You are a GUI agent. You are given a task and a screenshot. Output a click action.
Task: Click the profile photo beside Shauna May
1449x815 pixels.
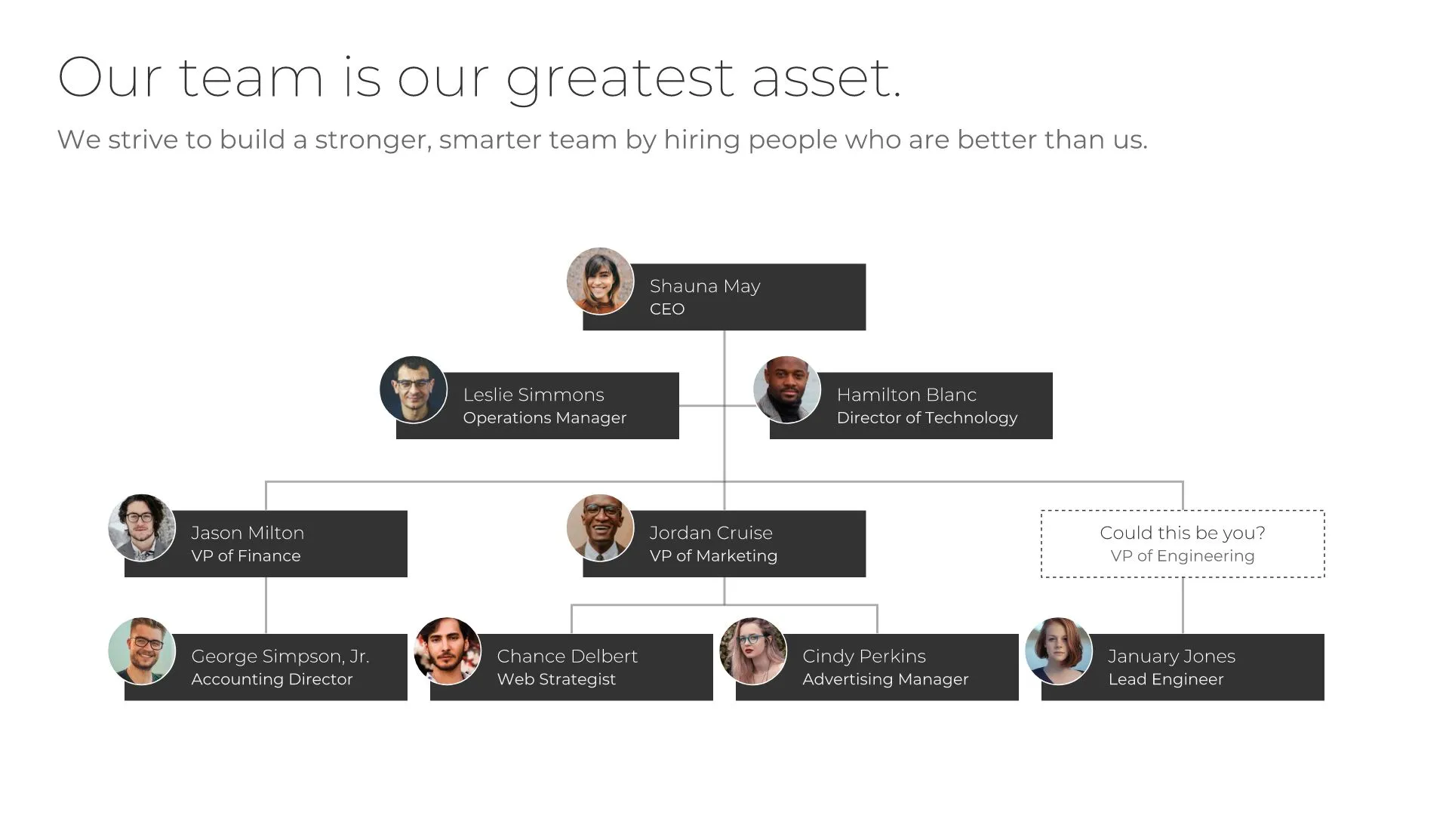(x=600, y=281)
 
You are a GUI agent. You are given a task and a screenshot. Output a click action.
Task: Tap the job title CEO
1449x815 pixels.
(x=667, y=309)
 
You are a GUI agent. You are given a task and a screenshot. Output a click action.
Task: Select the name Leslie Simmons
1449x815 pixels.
(x=534, y=395)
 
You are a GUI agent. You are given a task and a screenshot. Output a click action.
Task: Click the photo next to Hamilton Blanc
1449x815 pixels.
(x=786, y=389)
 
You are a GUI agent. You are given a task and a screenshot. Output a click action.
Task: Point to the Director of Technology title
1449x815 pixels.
(x=927, y=418)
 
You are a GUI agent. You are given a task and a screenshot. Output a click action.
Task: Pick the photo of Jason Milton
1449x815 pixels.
(x=142, y=527)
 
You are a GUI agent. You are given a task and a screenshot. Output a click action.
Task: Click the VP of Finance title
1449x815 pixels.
(x=245, y=556)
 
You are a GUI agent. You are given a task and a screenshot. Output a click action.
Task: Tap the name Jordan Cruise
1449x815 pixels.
(x=711, y=533)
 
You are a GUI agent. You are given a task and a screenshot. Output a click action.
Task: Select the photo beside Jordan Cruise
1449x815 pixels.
(x=600, y=527)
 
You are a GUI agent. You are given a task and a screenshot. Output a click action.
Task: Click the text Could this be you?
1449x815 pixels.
(x=1182, y=533)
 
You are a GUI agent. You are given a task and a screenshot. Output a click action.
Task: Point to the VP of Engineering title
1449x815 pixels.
(x=1182, y=556)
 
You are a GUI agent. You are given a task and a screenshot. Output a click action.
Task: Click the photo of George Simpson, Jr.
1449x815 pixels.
(x=142, y=651)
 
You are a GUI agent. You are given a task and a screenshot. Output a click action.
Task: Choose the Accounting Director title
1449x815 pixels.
(x=272, y=679)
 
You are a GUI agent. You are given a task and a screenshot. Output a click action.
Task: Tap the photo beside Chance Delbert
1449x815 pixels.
(x=448, y=651)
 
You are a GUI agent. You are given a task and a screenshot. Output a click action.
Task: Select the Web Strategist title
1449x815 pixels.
(x=556, y=679)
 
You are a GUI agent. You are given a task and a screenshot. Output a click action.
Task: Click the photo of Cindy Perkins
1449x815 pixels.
(x=753, y=651)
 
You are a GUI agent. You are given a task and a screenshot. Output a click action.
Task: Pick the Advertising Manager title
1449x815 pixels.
(x=885, y=679)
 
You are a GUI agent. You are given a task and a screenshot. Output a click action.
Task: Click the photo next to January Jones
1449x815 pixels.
(x=1059, y=651)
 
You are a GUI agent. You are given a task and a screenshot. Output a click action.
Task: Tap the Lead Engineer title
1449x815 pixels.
(x=1165, y=679)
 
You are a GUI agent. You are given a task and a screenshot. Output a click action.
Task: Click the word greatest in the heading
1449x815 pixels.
(x=619, y=78)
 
